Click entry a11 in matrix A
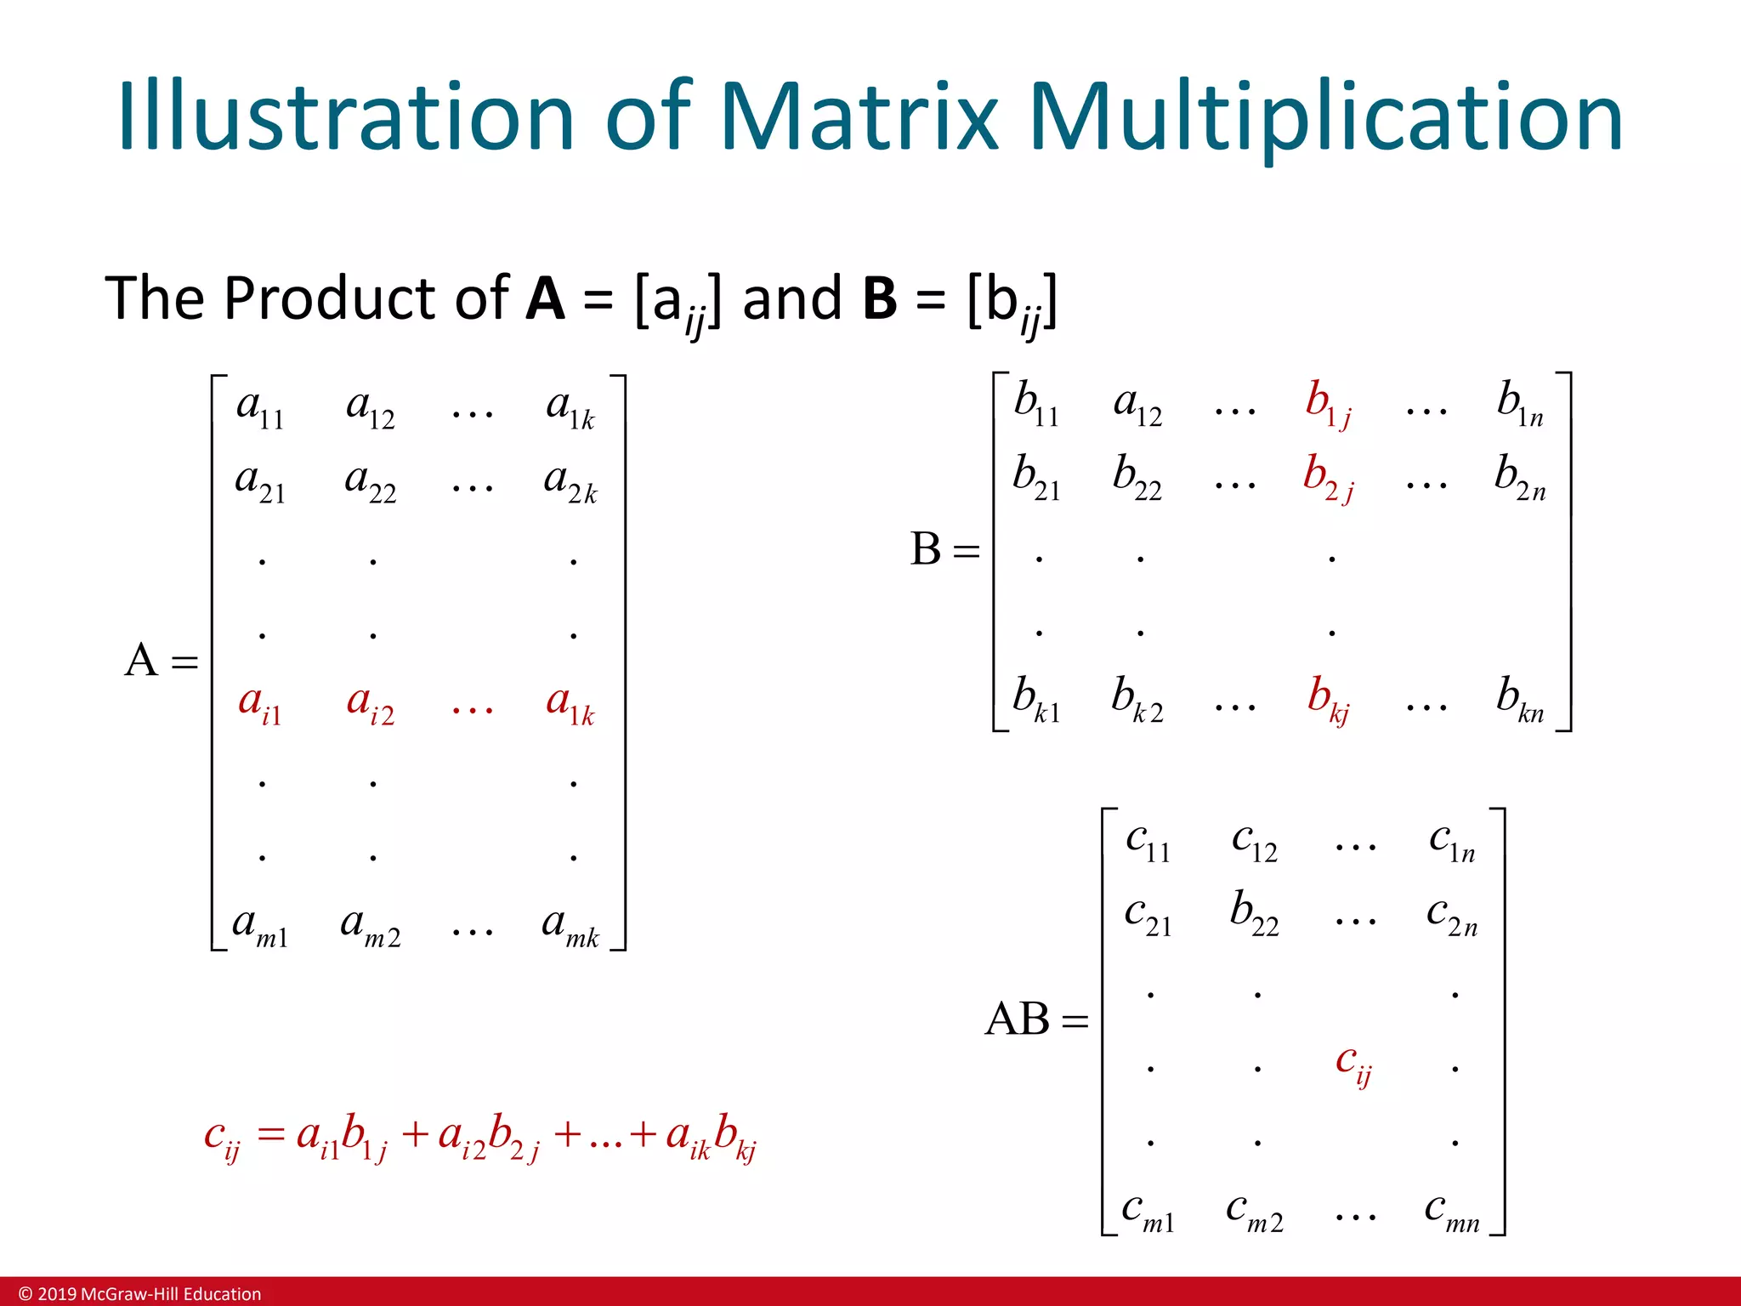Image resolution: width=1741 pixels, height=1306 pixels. click(260, 408)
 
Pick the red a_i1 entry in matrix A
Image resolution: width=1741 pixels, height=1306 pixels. click(260, 705)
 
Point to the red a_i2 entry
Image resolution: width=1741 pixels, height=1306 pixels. click(371, 705)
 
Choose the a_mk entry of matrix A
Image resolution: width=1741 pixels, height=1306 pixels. click(570, 925)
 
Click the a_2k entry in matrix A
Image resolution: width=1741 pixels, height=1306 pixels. click(570, 482)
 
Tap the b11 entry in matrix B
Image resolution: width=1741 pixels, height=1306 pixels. click(1036, 403)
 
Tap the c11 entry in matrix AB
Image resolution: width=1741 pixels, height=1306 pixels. click(1148, 842)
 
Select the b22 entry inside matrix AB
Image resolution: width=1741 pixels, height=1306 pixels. click(1254, 914)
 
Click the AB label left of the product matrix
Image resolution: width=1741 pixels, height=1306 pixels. click(1018, 1019)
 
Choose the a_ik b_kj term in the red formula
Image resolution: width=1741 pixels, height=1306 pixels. click(712, 1137)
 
